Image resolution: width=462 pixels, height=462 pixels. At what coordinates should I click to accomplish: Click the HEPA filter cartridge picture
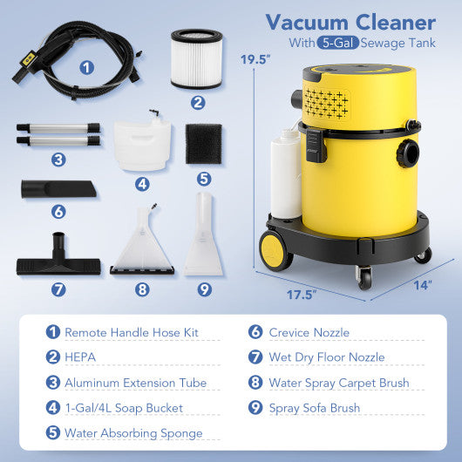pyautogui.click(x=196, y=58)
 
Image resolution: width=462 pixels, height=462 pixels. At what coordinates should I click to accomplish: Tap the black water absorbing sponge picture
pyautogui.click(x=204, y=143)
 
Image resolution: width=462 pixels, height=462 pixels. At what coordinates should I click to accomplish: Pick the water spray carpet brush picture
pyautogui.click(x=142, y=245)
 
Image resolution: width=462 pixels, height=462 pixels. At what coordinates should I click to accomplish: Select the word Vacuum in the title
pyautogui.click(x=300, y=21)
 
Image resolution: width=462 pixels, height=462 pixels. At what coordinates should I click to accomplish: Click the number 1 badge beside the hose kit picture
pyautogui.click(x=87, y=66)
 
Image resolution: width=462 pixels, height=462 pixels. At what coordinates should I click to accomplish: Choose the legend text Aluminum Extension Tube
pyautogui.click(x=136, y=383)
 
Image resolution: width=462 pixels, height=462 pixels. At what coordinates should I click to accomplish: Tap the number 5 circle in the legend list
pyautogui.click(x=52, y=433)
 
